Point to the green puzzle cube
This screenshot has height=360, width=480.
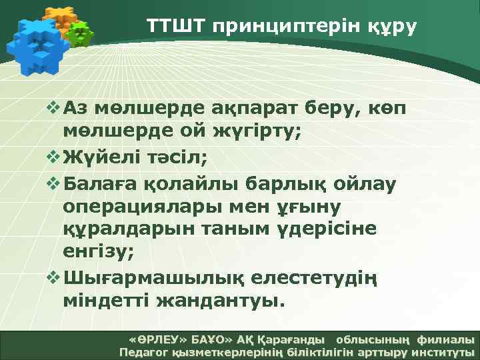click(x=81, y=34)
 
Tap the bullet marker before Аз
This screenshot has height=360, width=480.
click(x=54, y=108)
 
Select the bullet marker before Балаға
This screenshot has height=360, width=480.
click(x=54, y=181)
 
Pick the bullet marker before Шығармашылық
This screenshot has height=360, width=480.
click(x=54, y=277)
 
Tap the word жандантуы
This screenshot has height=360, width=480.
click(x=221, y=301)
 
